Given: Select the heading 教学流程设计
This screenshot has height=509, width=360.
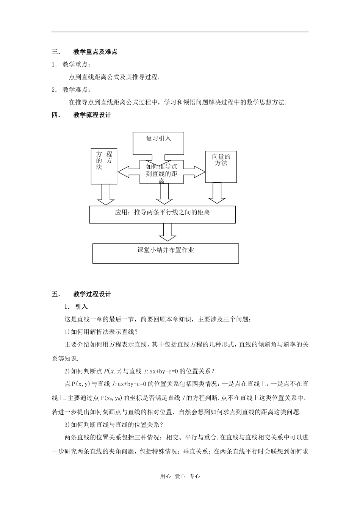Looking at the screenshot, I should point(92,115).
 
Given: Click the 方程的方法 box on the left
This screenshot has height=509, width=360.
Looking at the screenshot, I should point(104,166).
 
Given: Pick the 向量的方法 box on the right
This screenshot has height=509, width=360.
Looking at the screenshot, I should point(221,166).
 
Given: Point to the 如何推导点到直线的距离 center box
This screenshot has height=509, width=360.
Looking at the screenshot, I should point(161,172).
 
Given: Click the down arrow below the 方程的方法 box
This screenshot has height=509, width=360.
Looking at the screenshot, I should point(106,194).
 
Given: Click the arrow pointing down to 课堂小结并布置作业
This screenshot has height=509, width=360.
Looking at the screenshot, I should point(167,232).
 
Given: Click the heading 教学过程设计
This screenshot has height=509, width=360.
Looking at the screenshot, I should point(92,294).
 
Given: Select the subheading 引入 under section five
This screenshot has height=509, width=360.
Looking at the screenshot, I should point(81,307).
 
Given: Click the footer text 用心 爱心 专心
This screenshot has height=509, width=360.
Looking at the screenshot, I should point(180,476).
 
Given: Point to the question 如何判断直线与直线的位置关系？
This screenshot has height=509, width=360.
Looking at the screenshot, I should point(115,425).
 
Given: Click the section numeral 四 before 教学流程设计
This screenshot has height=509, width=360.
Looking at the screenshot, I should point(55,115).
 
